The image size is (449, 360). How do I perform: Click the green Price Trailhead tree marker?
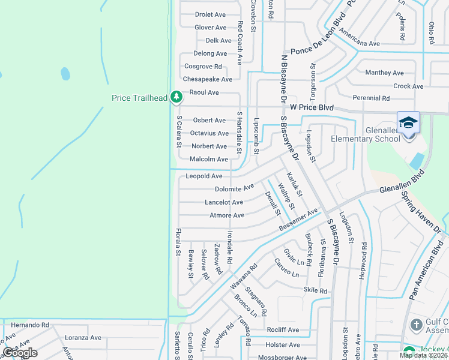click(x=176, y=96)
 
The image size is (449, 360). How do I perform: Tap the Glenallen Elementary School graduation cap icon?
click(x=408, y=122)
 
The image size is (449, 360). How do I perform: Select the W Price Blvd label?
click(x=312, y=107)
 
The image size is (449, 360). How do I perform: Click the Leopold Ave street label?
click(x=204, y=176)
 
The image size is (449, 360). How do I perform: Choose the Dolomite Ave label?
click(x=234, y=189)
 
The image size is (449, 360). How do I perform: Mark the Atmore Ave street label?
click(x=227, y=215)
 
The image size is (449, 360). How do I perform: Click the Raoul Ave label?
click(x=204, y=92)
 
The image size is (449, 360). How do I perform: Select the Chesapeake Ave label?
click(x=207, y=79)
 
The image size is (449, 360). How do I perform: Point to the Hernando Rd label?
click(x=30, y=325)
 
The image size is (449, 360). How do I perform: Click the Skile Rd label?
click(x=315, y=291)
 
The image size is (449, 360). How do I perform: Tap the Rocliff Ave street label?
click(x=283, y=330)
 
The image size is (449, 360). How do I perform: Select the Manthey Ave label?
click(x=385, y=73)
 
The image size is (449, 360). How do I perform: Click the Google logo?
click(x=20, y=352)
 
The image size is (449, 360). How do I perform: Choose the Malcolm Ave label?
click(x=209, y=160)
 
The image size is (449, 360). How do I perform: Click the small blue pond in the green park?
click(x=64, y=74)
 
